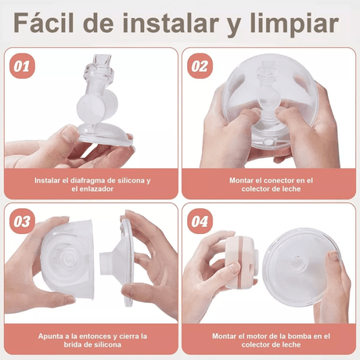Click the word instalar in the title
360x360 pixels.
click(x=172, y=23)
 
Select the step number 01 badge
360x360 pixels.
click(x=22, y=65)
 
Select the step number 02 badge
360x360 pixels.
click(x=200, y=65)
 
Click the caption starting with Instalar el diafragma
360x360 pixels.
click(x=92, y=184)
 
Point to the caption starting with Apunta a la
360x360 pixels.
click(x=92, y=340)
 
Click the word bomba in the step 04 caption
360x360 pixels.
click(x=297, y=335)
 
